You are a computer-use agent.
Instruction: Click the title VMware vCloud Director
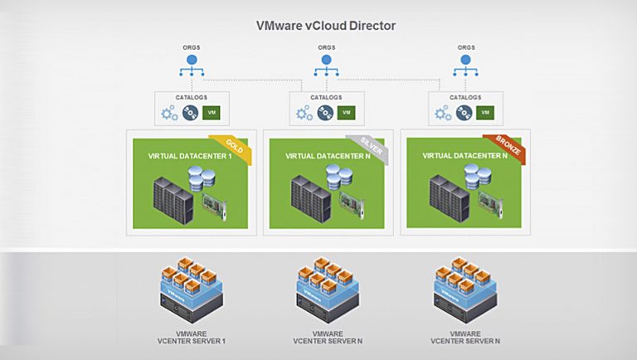click(x=325, y=26)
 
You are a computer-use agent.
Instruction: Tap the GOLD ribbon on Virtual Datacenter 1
click(x=233, y=147)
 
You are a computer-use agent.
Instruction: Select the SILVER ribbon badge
click(x=370, y=147)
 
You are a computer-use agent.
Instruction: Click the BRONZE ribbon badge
click(x=508, y=146)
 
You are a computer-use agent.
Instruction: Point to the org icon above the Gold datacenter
click(x=192, y=66)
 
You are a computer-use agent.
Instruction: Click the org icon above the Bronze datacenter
click(x=465, y=66)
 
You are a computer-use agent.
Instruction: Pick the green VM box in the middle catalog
click(x=346, y=113)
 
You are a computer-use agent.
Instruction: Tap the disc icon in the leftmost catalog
click(x=190, y=113)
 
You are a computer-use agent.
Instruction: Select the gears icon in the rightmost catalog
click(x=442, y=113)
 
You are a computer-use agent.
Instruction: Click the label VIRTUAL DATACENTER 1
click(x=190, y=156)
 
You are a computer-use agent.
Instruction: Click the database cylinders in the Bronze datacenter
click(x=478, y=177)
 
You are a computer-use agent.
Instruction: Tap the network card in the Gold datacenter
click(x=214, y=207)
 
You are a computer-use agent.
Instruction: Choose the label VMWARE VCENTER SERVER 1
click(x=192, y=338)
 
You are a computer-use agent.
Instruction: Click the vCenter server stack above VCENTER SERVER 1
click(x=192, y=289)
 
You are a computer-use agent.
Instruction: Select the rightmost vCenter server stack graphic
click(x=465, y=289)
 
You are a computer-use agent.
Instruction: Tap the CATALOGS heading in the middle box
click(x=326, y=98)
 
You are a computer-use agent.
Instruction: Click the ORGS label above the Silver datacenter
click(x=327, y=47)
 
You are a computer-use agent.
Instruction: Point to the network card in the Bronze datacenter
click(x=490, y=206)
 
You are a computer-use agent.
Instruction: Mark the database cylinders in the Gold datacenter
click(x=202, y=178)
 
